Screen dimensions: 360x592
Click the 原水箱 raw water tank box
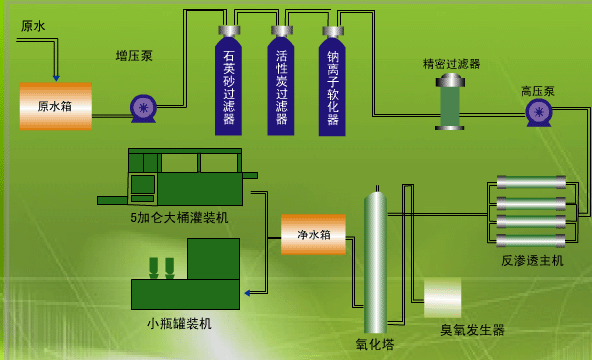[55, 105]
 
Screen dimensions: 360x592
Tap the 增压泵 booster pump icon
[143, 107]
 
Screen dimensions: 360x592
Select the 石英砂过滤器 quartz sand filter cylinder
[229, 85]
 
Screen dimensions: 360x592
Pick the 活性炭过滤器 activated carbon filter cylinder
[281, 85]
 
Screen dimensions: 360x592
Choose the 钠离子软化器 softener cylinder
[332, 85]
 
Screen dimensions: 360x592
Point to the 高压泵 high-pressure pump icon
[539, 112]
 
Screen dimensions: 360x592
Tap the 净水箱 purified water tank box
[313, 234]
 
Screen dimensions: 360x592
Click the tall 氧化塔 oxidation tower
[375, 262]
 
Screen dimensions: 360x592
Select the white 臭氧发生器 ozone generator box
[443, 297]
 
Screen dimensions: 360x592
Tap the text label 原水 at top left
[33, 26]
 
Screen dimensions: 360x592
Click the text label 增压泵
[134, 56]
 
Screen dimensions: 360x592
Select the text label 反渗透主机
[532, 260]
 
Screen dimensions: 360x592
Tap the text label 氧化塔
[375, 344]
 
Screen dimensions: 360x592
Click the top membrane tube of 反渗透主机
[531, 182]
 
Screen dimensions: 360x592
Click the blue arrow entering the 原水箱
[56, 76]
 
